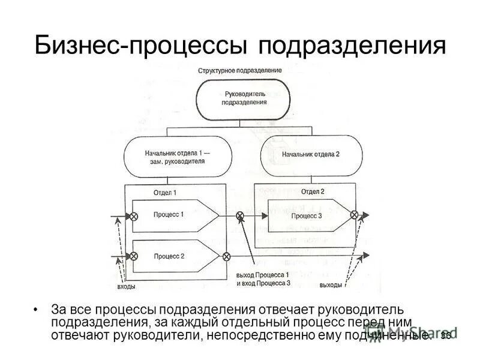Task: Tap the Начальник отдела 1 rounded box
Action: coord(175,157)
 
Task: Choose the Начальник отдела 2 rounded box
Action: coord(311,154)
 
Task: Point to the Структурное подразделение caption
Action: coord(240,70)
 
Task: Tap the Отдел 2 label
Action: coord(312,192)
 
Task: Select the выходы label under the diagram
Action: coord(331,284)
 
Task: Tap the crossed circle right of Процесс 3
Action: coord(355,215)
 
